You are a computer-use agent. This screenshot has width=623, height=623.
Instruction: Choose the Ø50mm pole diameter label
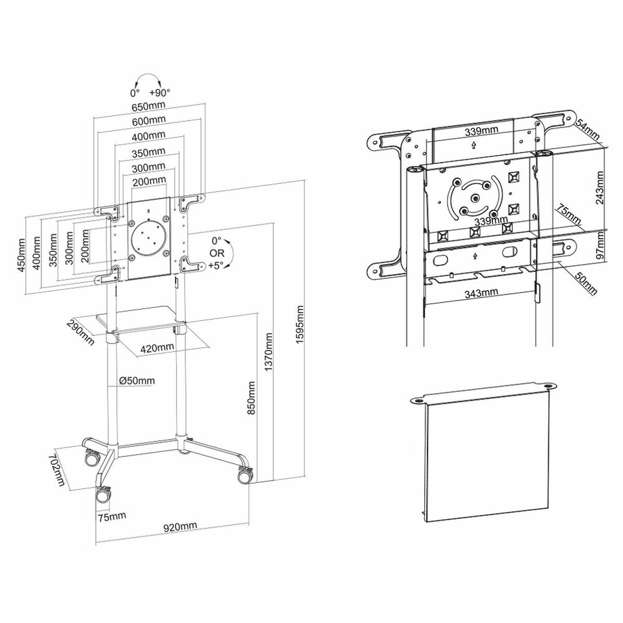point(137,381)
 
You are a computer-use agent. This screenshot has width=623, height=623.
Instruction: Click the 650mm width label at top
point(148,106)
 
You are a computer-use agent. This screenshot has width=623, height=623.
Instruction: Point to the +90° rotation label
point(160,93)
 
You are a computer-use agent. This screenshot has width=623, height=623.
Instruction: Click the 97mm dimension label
point(601,248)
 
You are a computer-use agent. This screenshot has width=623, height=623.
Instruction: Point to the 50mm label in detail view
point(585,282)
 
